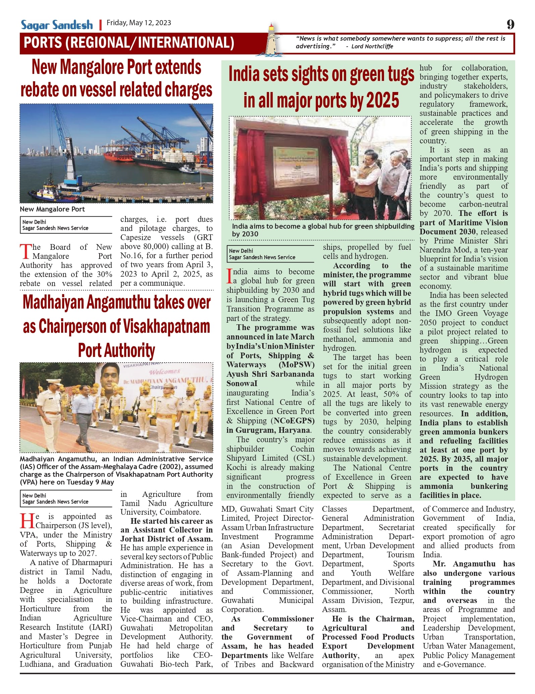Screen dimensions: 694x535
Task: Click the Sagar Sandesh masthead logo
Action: (x=57, y=25)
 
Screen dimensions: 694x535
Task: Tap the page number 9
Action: (x=510, y=25)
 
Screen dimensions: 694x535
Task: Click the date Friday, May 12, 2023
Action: (x=139, y=23)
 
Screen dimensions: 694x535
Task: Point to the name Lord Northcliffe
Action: (x=372, y=46)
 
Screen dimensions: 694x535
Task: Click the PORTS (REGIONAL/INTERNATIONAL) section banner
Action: (x=129, y=43)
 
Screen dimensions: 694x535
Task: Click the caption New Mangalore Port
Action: (x=52, y=209)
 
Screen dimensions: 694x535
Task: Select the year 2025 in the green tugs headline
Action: (x=382, y=100)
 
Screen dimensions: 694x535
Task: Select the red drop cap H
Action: (x=27, y=521)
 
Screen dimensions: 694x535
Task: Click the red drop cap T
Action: (x=25, y=252)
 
